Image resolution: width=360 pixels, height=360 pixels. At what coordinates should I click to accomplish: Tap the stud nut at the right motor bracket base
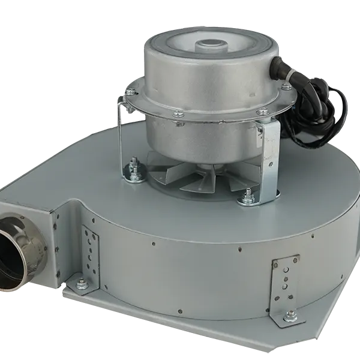tap(248, 196)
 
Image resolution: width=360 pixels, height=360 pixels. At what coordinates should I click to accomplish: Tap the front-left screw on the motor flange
tap(178, 113)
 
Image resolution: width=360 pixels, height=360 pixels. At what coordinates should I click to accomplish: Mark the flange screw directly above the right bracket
tap(262, 111)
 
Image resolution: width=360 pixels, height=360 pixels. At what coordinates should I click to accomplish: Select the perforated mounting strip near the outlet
tap(91, 246)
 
